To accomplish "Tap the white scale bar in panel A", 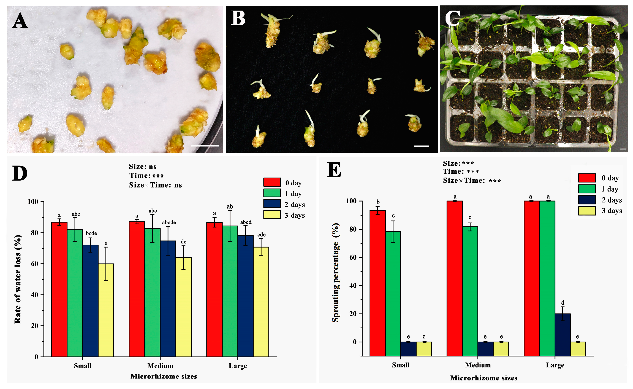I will coord(205,146).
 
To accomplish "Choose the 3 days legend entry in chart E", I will coord(612,211).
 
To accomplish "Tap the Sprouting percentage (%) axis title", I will coord(336,273).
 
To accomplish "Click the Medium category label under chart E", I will coord(478,365).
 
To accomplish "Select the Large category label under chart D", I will coord(238,366).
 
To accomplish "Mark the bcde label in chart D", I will coord(91,233).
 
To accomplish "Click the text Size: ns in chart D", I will coord(143,167).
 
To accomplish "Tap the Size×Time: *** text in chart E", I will coord(472,181).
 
